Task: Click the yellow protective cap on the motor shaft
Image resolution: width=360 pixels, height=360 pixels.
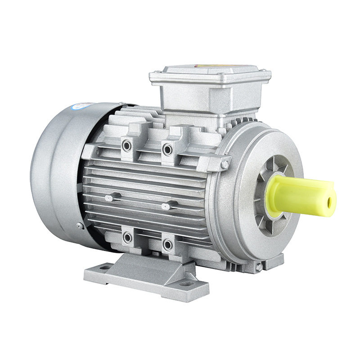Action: [x=299, y=195]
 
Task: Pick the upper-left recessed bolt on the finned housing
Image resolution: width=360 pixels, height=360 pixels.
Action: [x=127, y=145]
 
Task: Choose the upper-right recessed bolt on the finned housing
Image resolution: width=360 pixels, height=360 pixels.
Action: [x=167, y=149]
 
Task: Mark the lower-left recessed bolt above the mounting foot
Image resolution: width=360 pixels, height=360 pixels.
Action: [x=127, y=237]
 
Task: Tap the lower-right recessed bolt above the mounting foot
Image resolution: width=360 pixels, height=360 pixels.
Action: [x=167, y=245]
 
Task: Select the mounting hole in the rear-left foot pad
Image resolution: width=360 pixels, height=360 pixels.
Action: [x=104, y=267]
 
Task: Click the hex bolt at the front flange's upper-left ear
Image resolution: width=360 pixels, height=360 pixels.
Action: [x=224, y=165]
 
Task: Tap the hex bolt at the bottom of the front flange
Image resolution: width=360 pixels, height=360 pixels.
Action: [x=259, y=267]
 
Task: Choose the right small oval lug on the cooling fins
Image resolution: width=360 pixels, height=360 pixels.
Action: [x=166, y=207]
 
